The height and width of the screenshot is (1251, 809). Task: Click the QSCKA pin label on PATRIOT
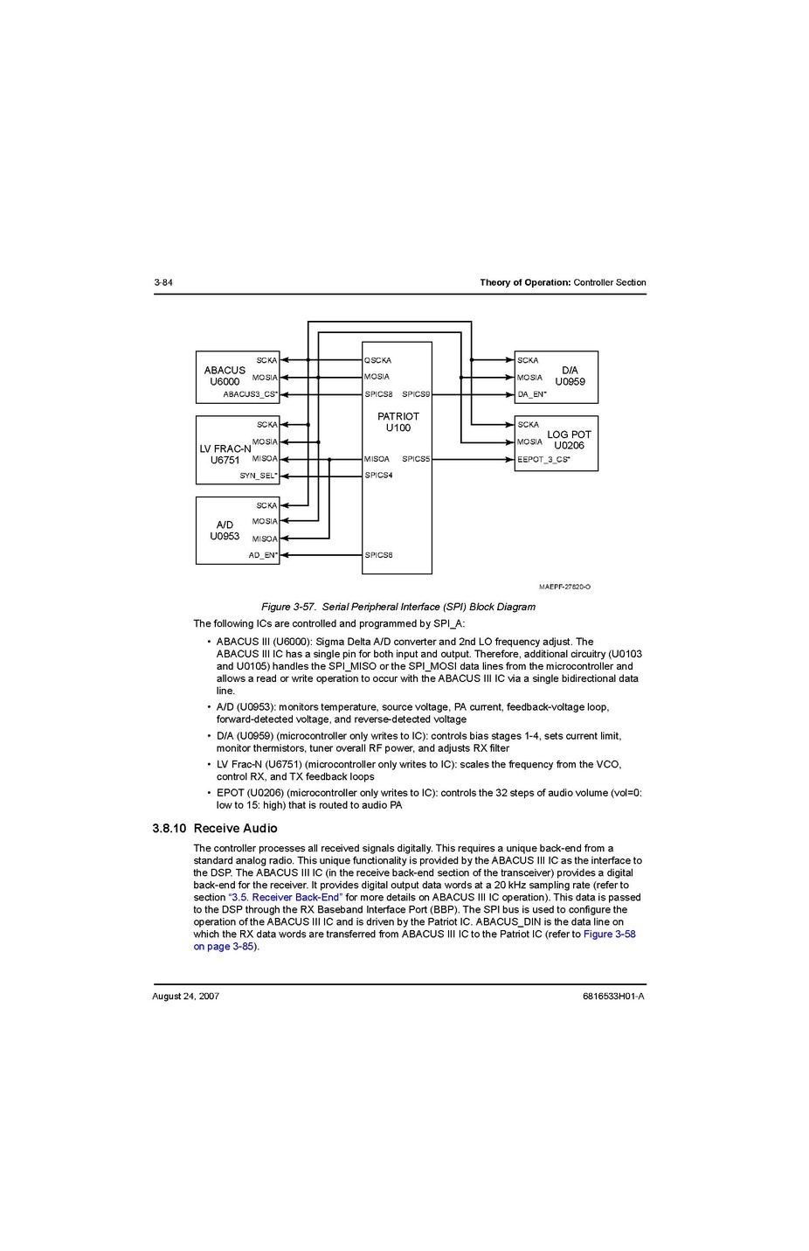(377, 360)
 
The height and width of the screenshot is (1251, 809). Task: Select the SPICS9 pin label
(416, 394)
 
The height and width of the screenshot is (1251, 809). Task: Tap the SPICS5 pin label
(416, 459)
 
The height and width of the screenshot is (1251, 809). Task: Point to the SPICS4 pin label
(378, 476)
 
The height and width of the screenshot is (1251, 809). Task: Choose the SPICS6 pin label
(378, 555)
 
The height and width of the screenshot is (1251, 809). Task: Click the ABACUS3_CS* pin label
(250, 394)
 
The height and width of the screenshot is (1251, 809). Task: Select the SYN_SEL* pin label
(258, 476)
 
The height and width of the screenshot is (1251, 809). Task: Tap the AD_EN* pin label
(262, 555)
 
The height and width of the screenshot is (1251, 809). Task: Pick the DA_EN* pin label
(531, 394)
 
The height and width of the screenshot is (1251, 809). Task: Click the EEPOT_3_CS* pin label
(543, 459)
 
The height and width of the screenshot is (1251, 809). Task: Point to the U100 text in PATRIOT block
(398, 428)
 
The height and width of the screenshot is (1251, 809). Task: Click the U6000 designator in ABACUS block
(225, 382)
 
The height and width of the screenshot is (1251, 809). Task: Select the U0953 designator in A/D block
(225, 537)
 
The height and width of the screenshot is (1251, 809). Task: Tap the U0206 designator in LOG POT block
(569, 446)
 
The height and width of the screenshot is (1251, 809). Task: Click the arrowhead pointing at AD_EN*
(284, 555)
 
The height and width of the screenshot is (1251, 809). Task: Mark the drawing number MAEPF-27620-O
(564, 587)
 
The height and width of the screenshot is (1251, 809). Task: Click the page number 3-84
(163, 282)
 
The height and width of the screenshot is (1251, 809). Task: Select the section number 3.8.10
(169, 829)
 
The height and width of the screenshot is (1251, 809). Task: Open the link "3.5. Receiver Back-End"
(285, 898)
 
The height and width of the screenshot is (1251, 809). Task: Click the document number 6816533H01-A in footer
(613, 997)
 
